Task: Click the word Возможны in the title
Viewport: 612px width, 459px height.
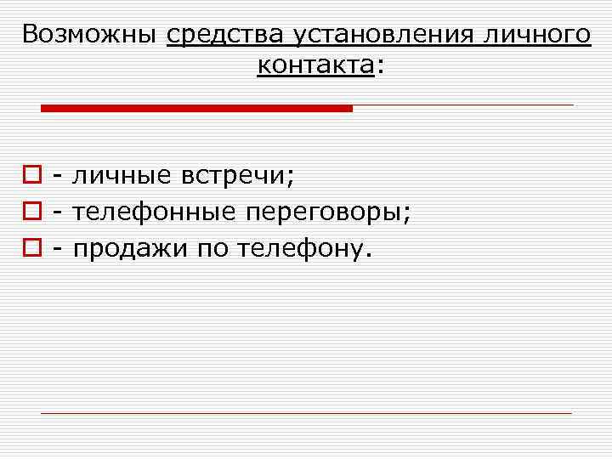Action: (88, 35)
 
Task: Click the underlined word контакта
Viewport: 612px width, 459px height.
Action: (315, 65)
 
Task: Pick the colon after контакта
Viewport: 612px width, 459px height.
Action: (379, 67)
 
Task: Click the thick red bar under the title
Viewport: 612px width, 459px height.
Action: (195, 108)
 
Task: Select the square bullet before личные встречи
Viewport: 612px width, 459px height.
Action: (31, 177)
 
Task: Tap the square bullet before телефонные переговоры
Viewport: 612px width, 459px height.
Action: (31, 212)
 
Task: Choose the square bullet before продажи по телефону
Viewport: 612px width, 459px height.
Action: (31, 248)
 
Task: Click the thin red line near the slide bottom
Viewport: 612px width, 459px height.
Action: (306, 413)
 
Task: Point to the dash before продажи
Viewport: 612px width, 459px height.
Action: (58, 249)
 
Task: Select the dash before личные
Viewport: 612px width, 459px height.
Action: (58, 177)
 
